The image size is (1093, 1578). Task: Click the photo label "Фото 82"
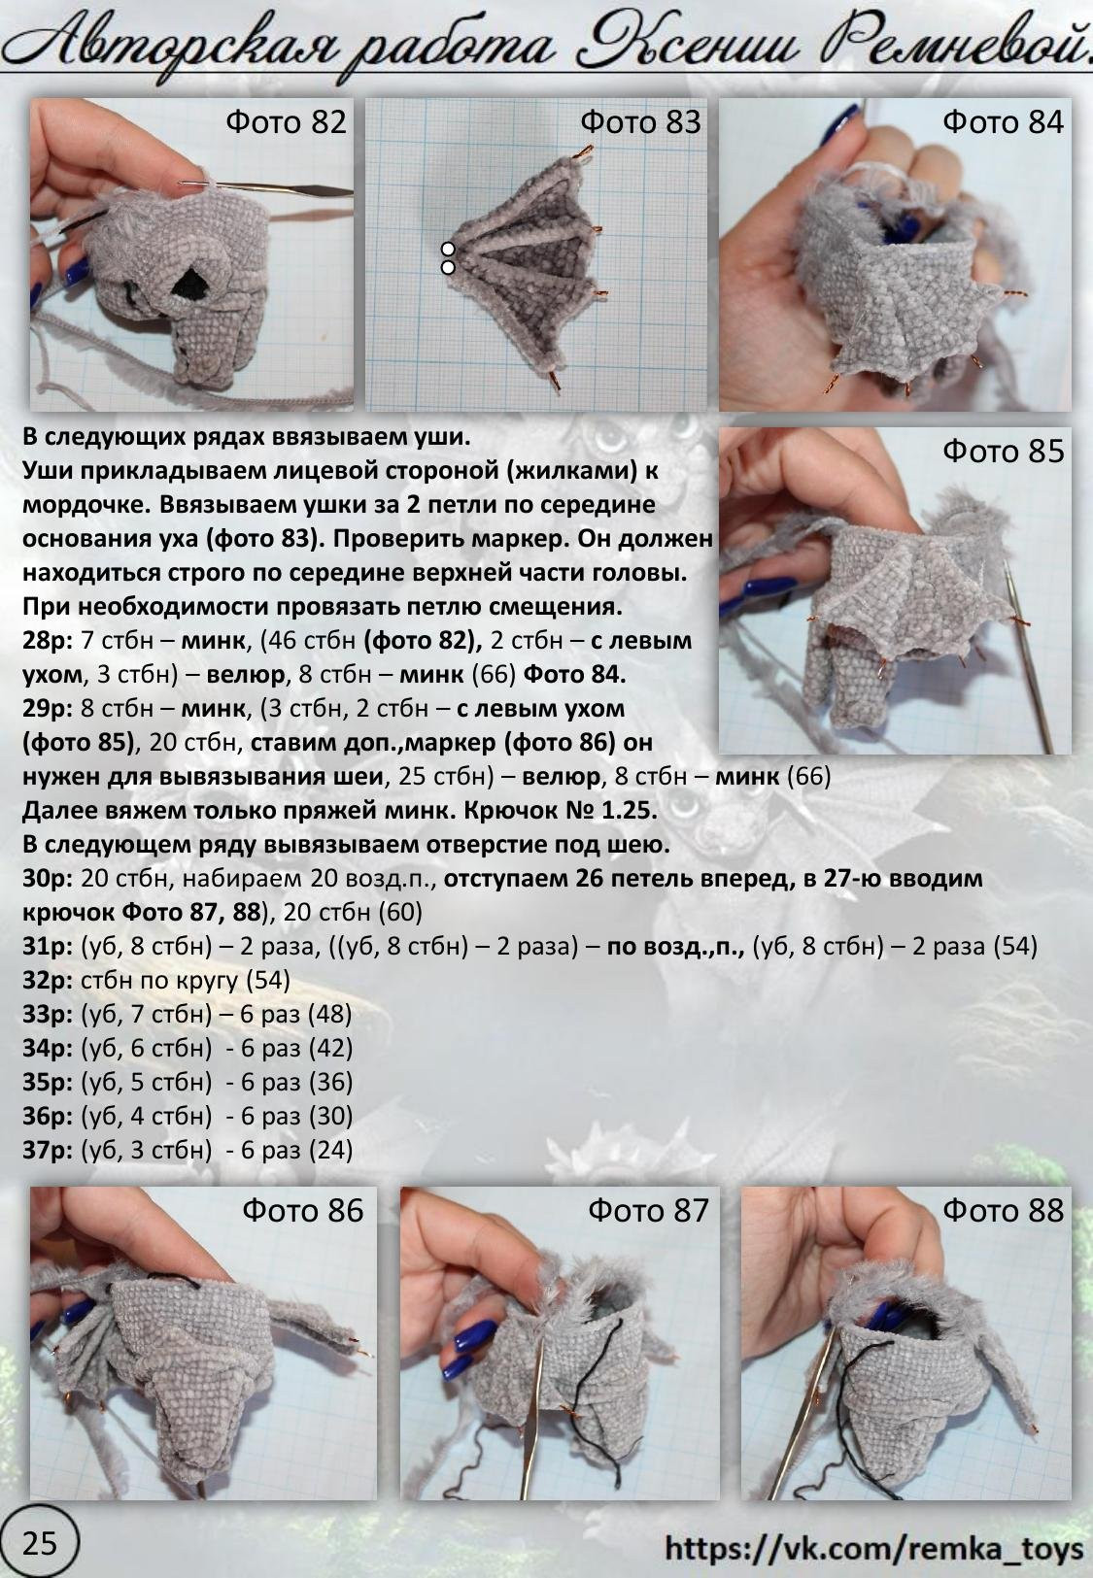pyautogui.click(x=286, y=122)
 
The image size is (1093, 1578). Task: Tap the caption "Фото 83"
pyautogui.click(x=640, y=122)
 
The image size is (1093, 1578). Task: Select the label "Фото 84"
pyautogui.click(x=1003, y=122)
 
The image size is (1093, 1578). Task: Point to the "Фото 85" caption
pyautogui.click(x=1003, y=452)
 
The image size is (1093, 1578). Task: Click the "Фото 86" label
pyautogui.click(x=303, y=1210)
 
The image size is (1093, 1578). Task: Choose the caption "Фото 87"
pyautogui.click(x=648, y=1210)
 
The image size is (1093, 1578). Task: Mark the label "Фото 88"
pyautogui.click(x=1003, y=1210)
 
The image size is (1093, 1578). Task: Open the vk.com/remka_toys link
pyautogui.click(x=873, y=1548)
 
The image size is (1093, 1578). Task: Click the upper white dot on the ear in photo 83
pyautogui.click(x=448, y=250)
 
